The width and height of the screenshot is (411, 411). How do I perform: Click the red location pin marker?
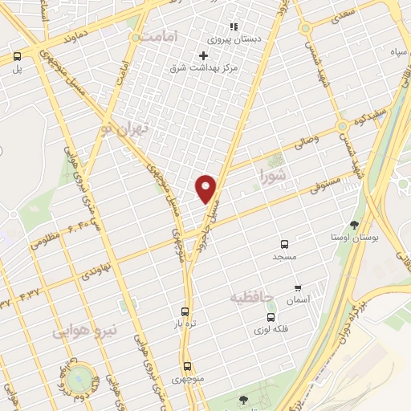pyautogui.click(x=206, y=188)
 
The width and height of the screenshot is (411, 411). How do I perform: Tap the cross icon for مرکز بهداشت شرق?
pyautogui.click(x=203, y=55)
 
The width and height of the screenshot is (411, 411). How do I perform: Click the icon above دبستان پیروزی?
pyautogui.click(x=234, y=26)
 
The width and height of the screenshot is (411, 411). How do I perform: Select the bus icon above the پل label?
pyautogui.click(x=17, y=56)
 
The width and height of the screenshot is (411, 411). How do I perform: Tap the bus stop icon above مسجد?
pyautogui.click(x=283, y=244)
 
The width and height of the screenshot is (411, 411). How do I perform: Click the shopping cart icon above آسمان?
pyautogui.click(x=298, y=287)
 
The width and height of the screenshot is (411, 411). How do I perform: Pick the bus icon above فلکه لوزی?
pyautogui.click(x=271, y=316)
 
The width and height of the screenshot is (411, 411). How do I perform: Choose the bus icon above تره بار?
pyautogui.click(x=185, y=311)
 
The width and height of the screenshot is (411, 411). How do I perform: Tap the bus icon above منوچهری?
pyautogui.click(x=187, y=365)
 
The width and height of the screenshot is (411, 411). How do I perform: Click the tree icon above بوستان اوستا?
pyautogui.click(x=355, y=225)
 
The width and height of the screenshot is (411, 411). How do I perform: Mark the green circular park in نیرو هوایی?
pyautogui.click(x=81, y=378)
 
